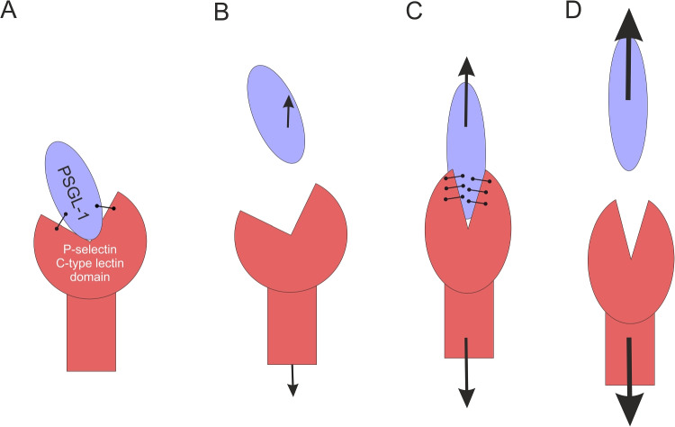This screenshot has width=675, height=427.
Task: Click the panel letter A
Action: (11, 13)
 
